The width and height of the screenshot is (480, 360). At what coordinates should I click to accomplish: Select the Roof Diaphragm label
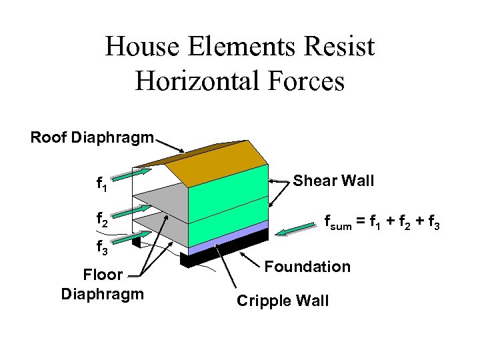[x=92, y=138]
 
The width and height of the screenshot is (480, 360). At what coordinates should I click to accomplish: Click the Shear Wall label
[x=333, y=181]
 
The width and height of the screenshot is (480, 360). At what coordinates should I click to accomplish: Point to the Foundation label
[x=307, y=267]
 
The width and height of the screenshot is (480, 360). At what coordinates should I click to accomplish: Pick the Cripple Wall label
[x=283, y=301]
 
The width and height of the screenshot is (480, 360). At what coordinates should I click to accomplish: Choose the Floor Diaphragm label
[x=102, y=284]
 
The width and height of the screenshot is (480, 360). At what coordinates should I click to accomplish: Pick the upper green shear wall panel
[x=227, y=193]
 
